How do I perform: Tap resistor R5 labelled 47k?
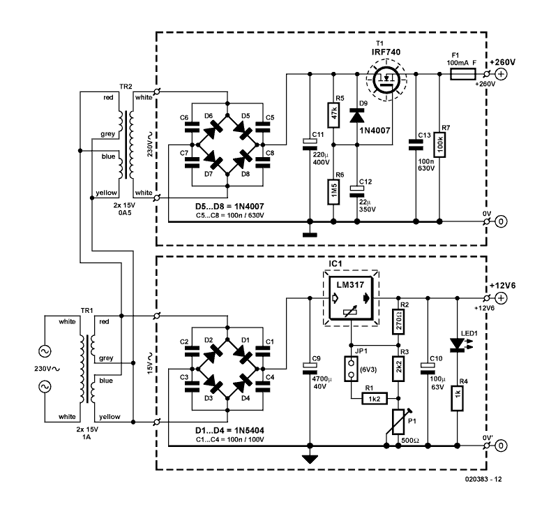click(334, 115)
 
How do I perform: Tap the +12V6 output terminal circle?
click(501, 298)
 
